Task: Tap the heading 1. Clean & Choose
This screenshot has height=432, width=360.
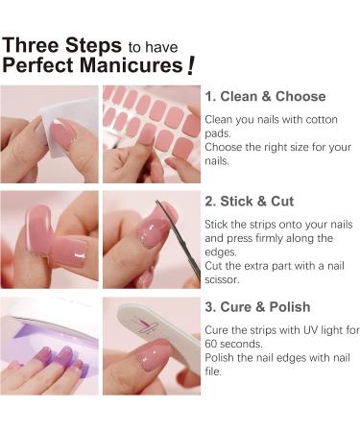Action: pyautogui.click(x=266, y=96)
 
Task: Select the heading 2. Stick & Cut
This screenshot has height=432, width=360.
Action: pyautogui.click(x=250, y=202)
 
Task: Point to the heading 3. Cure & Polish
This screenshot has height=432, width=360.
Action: pyautogui.click(x=257, y=307)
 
